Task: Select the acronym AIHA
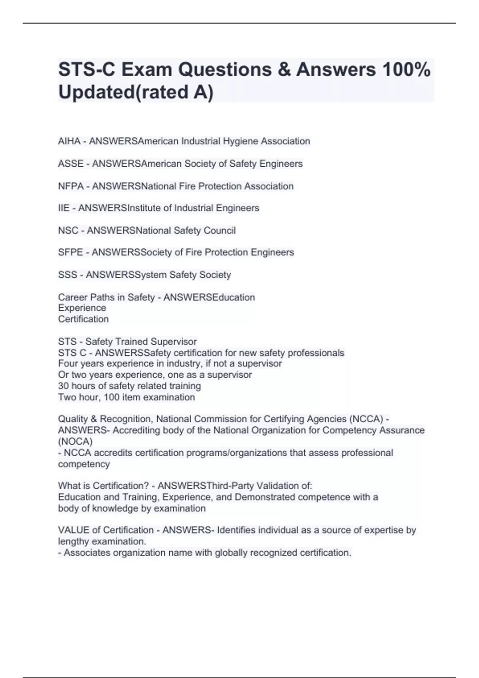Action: (x=69, y=141)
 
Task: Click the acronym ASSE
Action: (x=71, y=164)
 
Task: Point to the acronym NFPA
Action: (x=71, y=186)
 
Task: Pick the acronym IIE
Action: (x=64, y=208)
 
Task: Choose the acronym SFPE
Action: (x=71, y=252)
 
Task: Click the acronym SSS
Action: (x=67, y=275)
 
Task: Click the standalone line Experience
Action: (x=82, y=308)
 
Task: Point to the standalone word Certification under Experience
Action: (x=83, y=319)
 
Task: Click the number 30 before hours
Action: (x=63, y=386)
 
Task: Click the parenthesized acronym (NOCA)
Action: (x=75, y=441)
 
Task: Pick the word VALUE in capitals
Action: (x=74, y=530)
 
